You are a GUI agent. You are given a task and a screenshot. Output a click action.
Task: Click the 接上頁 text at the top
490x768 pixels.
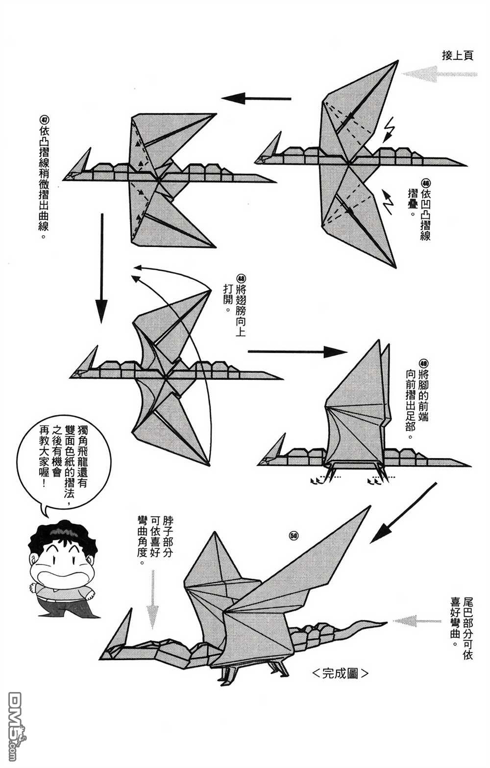(x=457, y=56)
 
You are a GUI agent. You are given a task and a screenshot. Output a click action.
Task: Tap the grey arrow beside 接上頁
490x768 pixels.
(x=439, y=74)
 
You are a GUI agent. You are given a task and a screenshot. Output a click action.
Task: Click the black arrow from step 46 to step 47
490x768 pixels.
(x=256, y=99)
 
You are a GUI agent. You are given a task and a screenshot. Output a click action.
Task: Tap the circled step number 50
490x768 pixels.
(x=294, y=536)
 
